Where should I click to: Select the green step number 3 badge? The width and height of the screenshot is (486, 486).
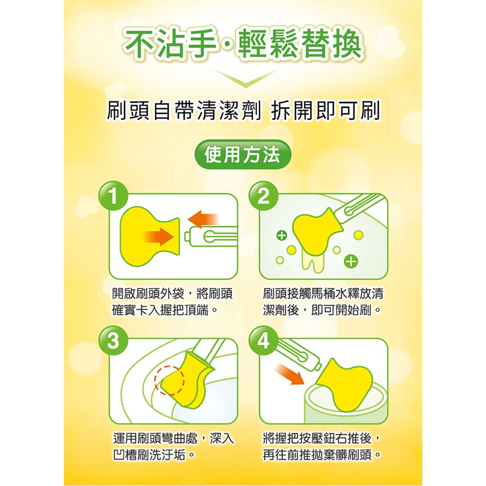pyautogui.click(x=113, y=341)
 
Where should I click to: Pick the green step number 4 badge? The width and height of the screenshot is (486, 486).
pyautogui.click(x=263, y=341)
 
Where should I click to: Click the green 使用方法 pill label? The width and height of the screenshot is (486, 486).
pyautogui.click(x=243, y=155)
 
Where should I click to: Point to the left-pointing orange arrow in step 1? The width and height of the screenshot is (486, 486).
pyautogui.click(x=203, y=219)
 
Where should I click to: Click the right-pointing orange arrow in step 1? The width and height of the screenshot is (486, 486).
pyautogui.click(x=158, y=237)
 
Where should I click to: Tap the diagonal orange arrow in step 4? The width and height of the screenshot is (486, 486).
pyautogui.click(x=289, y=374)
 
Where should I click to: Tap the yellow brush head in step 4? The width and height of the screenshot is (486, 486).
pyautogui.click(x=345, y=384)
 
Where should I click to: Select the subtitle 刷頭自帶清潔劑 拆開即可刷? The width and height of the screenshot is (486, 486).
pyautogui.click(x=243, y=111)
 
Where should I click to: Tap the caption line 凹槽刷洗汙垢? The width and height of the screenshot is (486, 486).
pyautogui.click(x=154, y=455)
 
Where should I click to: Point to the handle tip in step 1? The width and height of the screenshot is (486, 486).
pyautogui.click(x=187, y=237)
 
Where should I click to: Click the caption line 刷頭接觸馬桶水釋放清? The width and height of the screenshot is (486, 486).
pyautogui.click(x=323, y=294)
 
